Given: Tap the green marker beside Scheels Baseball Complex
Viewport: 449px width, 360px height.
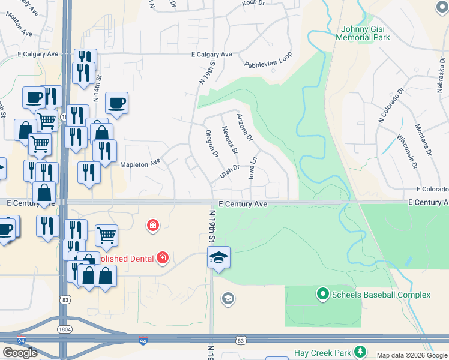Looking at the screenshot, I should (x=323, y=294).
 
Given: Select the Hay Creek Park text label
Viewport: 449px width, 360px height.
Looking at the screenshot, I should (x=321, y=353).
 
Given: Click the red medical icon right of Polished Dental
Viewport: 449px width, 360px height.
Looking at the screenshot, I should (x=161, y=258).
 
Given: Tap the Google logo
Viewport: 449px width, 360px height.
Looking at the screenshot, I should (x=20, y=353).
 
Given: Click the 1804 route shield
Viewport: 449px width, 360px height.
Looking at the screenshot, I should (x=65, y=329).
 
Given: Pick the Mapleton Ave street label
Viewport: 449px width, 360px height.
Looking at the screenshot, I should (x=141, y=163).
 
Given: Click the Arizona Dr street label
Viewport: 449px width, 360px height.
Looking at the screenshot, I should (x=245, y=127).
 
